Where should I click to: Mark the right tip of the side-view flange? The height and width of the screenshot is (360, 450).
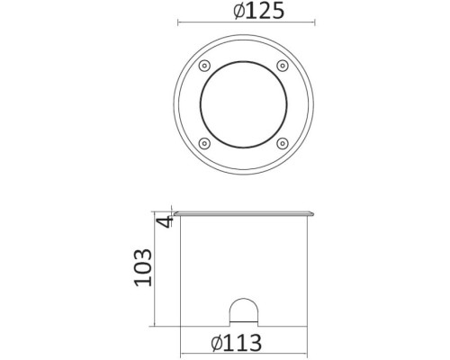pyautogui.click(x=315, y=214)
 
